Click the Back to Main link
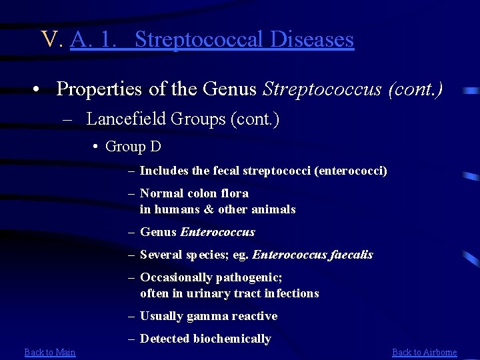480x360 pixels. (50, 352)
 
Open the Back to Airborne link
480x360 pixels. (424, 352)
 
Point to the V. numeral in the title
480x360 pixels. (51, 39)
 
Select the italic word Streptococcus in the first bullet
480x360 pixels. (323, 88)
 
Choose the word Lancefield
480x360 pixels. (126, 119)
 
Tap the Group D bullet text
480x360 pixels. (133, 147)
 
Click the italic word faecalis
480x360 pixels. (351, 255)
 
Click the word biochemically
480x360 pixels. (232, 339)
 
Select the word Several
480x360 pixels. (161, 255)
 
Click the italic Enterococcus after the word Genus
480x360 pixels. (217, 232)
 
